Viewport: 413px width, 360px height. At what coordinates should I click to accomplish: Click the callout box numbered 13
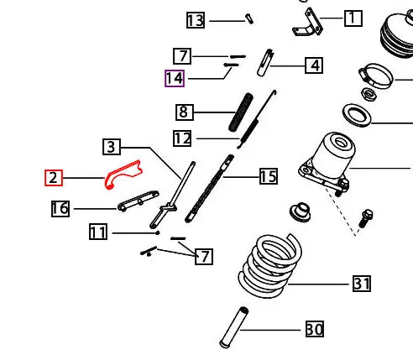point(196,20)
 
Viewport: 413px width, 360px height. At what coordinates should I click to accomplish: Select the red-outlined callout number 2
point(54,178)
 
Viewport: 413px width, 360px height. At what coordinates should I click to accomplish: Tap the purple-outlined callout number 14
point(175,78)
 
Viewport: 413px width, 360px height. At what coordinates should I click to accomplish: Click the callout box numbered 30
point(315,329)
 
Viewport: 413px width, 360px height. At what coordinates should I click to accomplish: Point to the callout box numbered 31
point(362,284)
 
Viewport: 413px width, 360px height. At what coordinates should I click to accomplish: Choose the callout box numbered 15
point(269,176)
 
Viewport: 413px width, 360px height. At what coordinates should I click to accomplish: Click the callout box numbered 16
point(60,209)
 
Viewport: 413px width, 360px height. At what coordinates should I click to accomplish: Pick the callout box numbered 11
point(98,232)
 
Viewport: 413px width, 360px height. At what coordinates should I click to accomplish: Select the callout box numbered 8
point(185,112)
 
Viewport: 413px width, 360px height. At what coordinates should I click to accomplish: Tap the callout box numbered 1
point(353,18)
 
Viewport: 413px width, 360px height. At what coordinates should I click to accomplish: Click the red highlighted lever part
point(123,174)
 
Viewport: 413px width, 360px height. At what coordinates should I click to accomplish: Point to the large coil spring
point(270,266)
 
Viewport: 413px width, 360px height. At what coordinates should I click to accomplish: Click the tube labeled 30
point(234,327)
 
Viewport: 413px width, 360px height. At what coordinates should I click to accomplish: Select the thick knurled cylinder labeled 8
point(241,112)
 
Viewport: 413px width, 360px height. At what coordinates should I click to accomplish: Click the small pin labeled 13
point(249,18)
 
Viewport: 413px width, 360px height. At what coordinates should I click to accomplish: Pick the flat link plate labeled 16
point(139,201)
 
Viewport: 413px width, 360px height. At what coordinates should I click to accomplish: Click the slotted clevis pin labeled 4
point(265,62)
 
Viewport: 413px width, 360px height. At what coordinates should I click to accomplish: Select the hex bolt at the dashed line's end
point(365,218)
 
